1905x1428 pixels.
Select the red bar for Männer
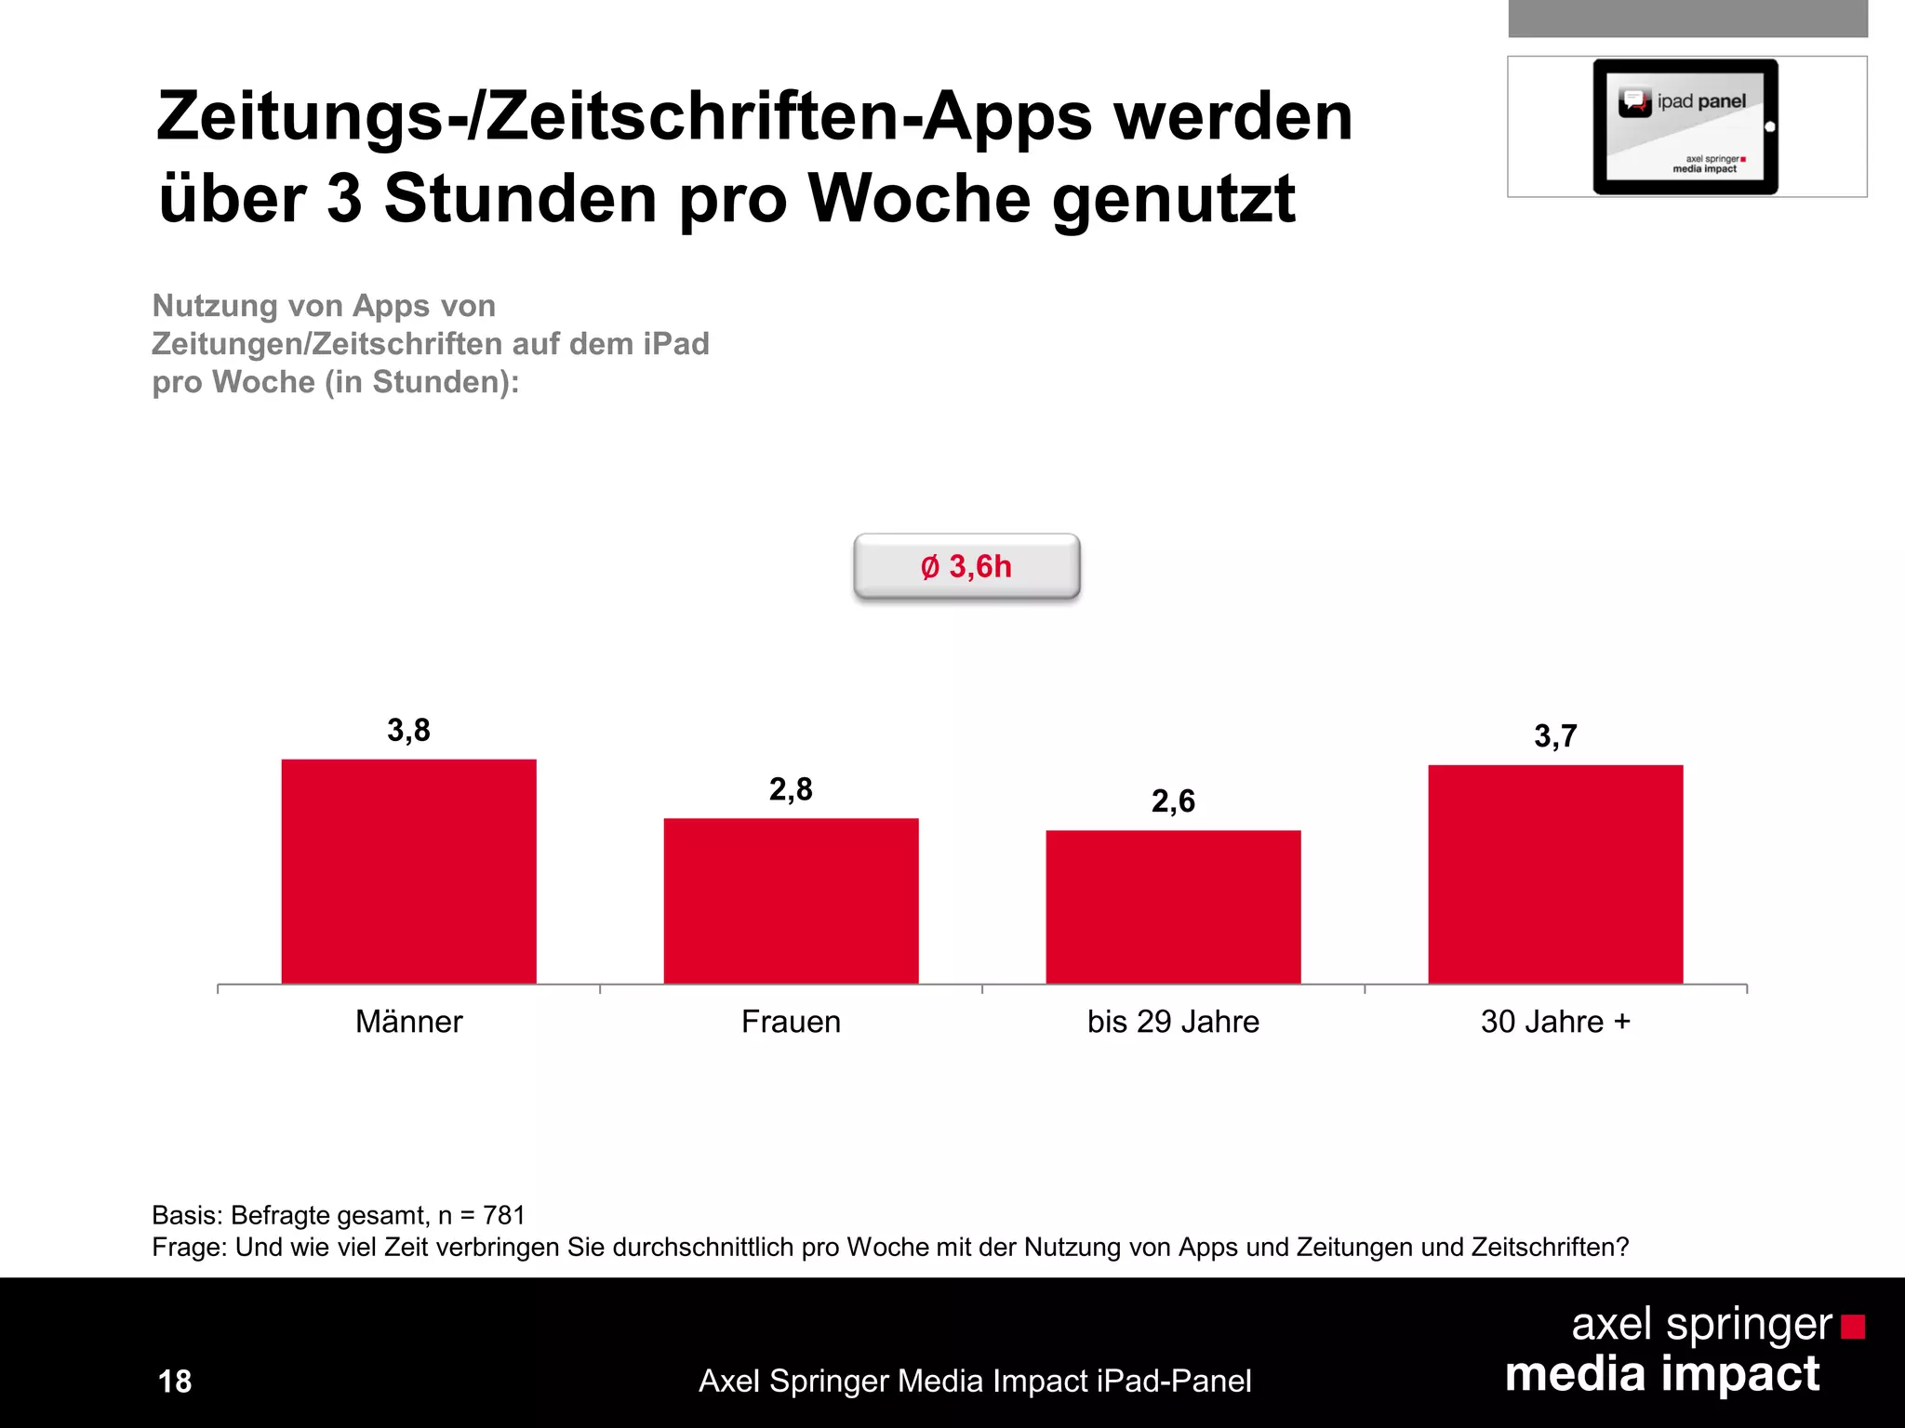(x=408, y=871)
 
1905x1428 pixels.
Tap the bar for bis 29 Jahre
(x=1173, y=906)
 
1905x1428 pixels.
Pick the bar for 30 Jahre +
(x=1555, y=874)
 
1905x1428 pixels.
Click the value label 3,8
(x=408, y=731)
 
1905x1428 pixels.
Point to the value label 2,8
(x=791, y=789)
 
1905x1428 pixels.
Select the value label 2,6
(x=1173, y=801)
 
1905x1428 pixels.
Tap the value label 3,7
(x=1555, y=736)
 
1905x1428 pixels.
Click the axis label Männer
(x=408, y=1022)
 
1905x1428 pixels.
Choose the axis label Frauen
(x=791, y=1022)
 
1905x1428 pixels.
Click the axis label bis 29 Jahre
(x=1173, y=1022)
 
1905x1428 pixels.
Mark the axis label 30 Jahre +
(x=1555, y=1022)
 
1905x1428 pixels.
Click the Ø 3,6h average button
(x=966, y=566)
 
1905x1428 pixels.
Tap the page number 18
(x=175, y=1382)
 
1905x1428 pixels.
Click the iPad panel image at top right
(x=1685, y=126)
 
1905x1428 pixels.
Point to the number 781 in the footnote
(x=504, y=1215)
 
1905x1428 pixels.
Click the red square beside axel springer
(x=1853, y=1327)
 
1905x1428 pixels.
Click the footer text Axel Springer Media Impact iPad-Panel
(x=975, y=1382)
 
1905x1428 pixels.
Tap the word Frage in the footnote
(x=188, y=1248)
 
